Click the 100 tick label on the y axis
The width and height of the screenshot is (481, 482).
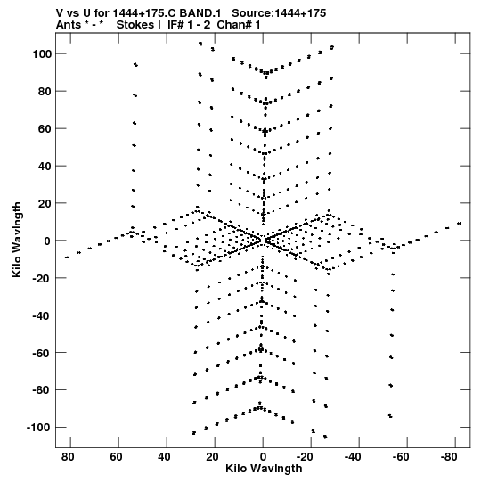pos(42,54)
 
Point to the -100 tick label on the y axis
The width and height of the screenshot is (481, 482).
pos(39,428)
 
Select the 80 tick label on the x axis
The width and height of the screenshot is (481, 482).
pos(68,457)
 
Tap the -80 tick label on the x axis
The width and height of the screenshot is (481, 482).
pos(449,457)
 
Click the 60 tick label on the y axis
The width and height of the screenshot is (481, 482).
pos(45,129)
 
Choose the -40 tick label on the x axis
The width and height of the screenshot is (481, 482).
pos(353,457)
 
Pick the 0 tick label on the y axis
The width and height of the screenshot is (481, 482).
pos(47,241)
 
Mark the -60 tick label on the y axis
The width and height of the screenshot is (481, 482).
pos(42,353)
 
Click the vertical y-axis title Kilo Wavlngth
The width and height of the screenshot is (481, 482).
pos(17,240)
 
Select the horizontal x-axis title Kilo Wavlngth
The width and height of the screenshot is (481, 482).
pos(264,469)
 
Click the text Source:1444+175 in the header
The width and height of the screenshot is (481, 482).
pos(279,13)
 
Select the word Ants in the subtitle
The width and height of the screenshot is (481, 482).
pos(69,25)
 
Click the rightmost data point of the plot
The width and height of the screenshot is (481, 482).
pos(460,224)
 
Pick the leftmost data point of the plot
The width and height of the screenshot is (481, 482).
pos(67,257)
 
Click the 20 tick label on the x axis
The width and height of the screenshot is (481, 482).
pos(212,457)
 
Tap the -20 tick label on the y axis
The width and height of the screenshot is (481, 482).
pos(42,278)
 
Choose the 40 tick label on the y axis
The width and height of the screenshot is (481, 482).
pos(45,167)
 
